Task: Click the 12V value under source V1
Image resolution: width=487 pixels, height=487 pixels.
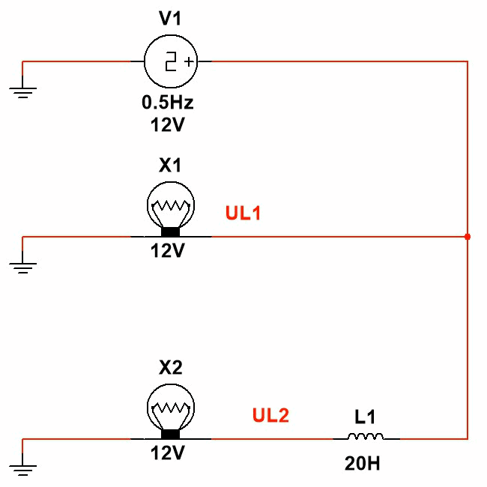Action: pyautogui.click(x=168, y=124)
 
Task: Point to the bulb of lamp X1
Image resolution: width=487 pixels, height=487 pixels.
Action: pyautogui.click(x=171, y=202)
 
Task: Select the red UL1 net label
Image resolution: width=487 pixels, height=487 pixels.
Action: pyautogui.click(x=243, y=214)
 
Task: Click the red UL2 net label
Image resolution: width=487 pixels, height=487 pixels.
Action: pyautogui.click(x=270, y=415)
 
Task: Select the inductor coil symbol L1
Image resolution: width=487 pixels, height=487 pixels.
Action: pyautogui.click(x=366, y=438)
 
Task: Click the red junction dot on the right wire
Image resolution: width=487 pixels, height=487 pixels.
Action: pyautogui.click(x=468, y=237)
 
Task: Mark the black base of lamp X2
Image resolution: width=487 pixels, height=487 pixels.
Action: pyautogui.click(x=171, y=434)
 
